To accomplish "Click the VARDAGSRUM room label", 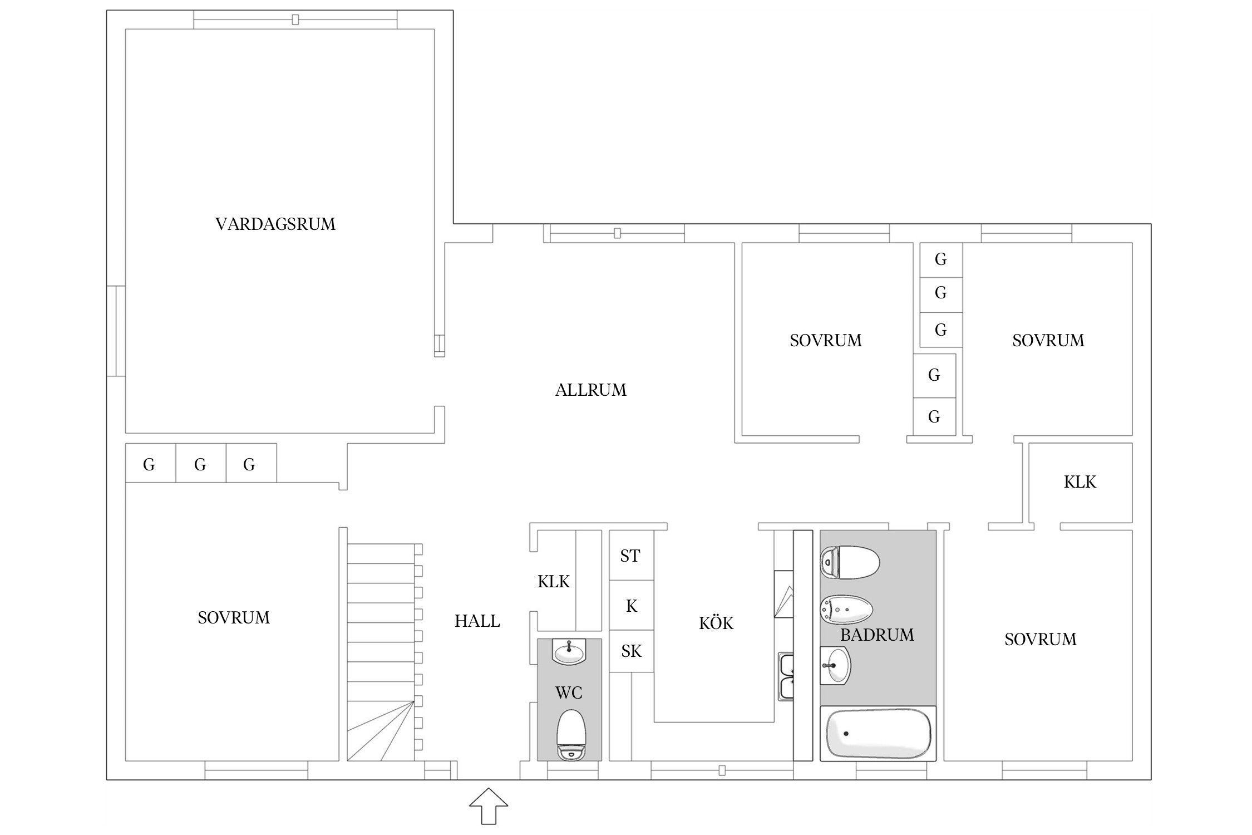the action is click(x=275, y=224).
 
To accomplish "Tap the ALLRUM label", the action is click(x=591, y=390).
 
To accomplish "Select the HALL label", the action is click(x=477, y=621).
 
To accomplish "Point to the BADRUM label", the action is click(x=877, y=635).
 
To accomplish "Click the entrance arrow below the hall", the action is click(x=489, y=805).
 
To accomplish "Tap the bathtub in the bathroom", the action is click(x=878, y=733).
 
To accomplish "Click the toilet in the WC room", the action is click(x=571, y=735).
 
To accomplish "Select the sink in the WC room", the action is click(x=569, y=651).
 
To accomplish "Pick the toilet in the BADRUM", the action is click(x=850, y=562).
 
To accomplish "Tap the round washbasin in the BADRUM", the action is click(x=835, y=665).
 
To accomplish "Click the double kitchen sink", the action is click(x=786, y=677).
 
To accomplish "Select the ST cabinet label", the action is click(x=630, y=556).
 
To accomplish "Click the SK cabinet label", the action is click(x=631, y=651).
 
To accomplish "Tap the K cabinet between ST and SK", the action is click(x=632, y=606).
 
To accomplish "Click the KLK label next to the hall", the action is click(x=554, y=581).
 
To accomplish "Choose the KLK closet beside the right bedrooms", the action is click(x=1080, y=482).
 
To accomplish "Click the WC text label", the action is click(x=569, y=692).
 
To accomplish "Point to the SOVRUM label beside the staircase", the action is click(x=234, y=617).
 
